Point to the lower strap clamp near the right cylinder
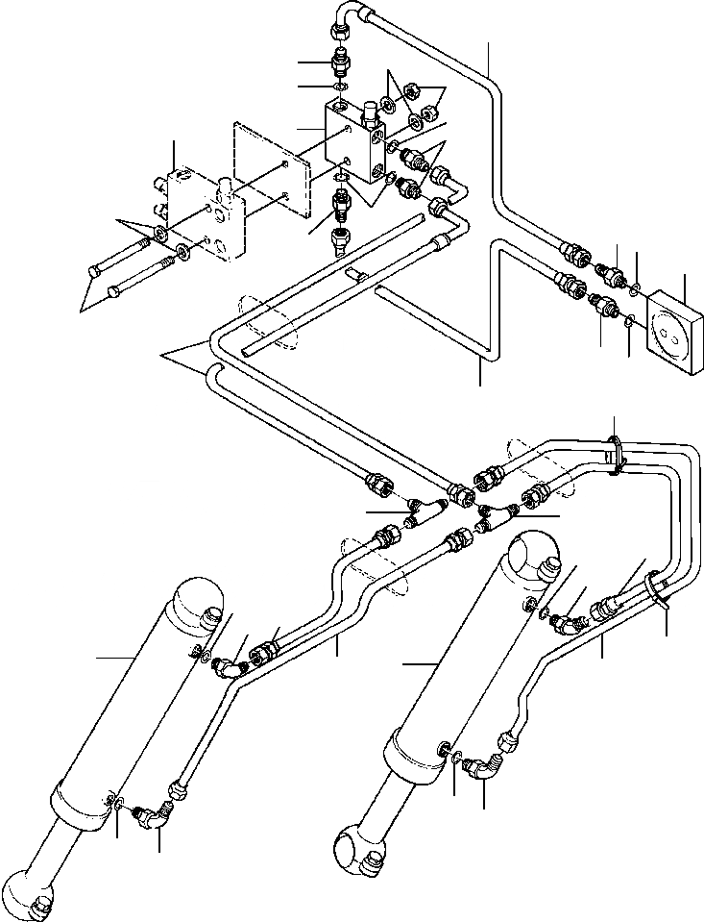(x=657, y=588)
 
